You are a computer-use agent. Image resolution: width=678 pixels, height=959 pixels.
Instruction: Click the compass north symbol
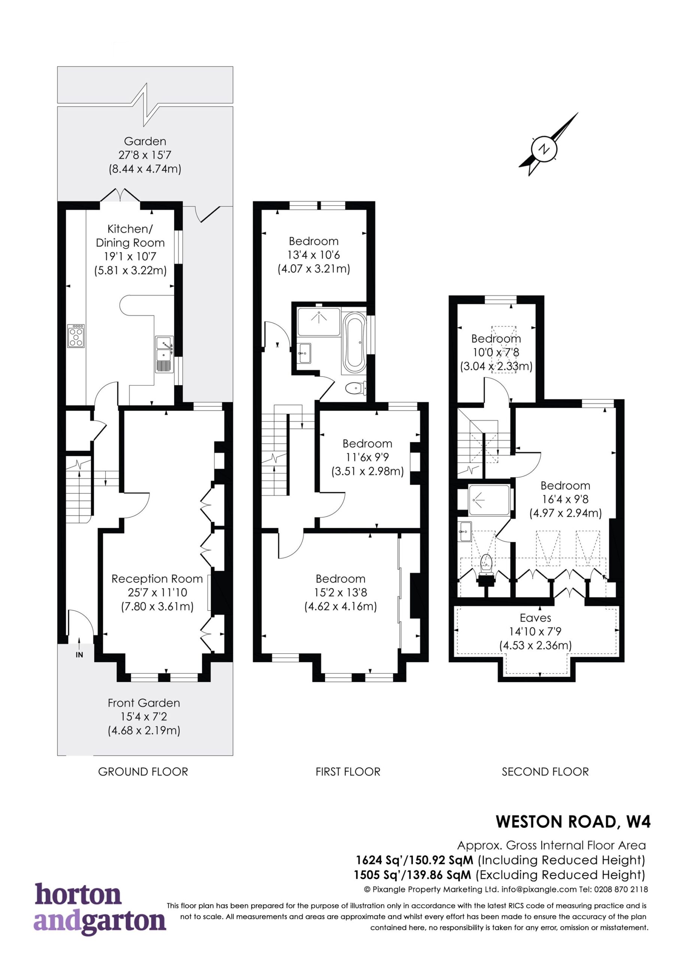pyautogui.click(x=544, y=148)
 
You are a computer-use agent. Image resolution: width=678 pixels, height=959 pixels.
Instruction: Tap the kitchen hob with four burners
pyautogui.click(x=76, y=336)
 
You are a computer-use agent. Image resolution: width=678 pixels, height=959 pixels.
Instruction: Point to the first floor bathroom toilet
pyautogui.click(x=356, y=388)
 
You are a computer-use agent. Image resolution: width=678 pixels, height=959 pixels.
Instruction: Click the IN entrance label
pyautogui.click(x=79, y=654)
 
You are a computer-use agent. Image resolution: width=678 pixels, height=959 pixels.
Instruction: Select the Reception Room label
pyautogui.click(x=157, y=578)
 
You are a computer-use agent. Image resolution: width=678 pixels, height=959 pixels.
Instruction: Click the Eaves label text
pyautogui.click(x=536, y=618)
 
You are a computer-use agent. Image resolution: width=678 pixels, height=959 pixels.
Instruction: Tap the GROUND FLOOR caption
pyautogui.click(x=143, y=771)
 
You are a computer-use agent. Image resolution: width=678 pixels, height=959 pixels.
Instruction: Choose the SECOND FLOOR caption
pyautogui.click(x=545, y=771)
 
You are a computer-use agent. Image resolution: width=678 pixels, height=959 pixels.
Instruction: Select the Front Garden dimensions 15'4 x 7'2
pyautogui.click(x=144, y=717)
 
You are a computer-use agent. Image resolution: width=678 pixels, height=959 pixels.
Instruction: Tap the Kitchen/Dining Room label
pyautogui.click(x=130, y=236)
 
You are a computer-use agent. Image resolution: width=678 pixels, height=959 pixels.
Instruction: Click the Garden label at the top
pyautogui.click(x=145, y=141)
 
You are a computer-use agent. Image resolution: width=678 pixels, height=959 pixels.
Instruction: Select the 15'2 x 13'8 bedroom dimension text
pyautogui.click(x=340, y=592)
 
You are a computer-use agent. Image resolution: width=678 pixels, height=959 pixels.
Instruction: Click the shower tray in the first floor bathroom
pyautogui.click(x=319, y=322)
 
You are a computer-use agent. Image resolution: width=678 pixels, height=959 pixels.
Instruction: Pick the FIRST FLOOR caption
pyautogui.click(x=348, y=771)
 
